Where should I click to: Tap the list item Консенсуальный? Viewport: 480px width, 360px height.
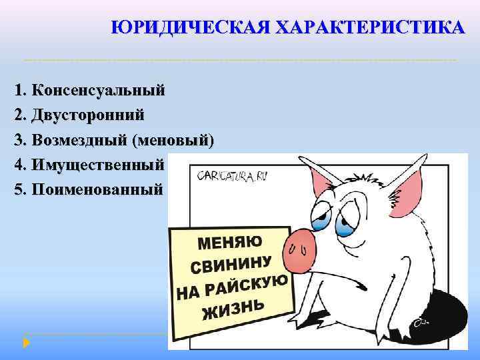[x=98, y=90]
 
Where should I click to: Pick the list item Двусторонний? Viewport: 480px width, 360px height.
[x=87, y=115]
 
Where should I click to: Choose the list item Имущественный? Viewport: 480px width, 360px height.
[x=97, y=164]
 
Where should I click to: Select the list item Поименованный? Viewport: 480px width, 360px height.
[x=97, y=189]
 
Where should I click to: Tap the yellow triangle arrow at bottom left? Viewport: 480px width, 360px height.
[x=27, y=343]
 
